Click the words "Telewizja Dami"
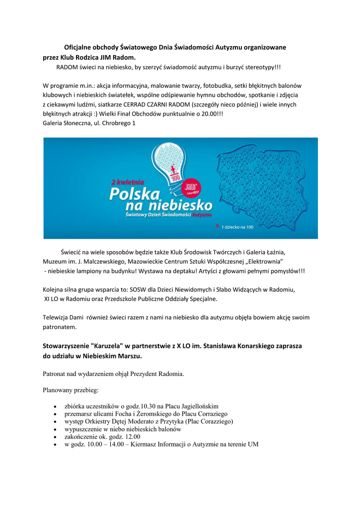click(x=63, y=317)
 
